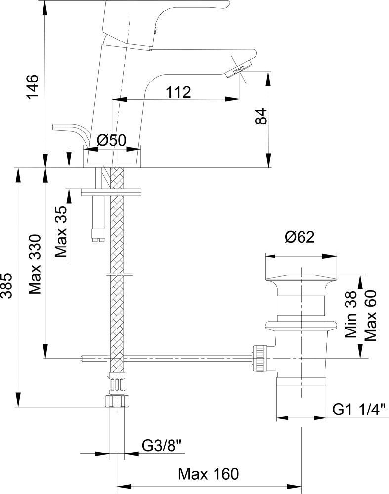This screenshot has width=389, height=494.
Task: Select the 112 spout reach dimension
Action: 178,92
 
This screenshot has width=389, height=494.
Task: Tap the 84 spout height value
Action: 262,117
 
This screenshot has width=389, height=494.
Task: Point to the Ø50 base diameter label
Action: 111,141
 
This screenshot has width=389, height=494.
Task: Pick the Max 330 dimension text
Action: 35,264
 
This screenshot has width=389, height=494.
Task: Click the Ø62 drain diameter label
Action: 300,238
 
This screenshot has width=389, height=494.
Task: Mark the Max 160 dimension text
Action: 208,474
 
